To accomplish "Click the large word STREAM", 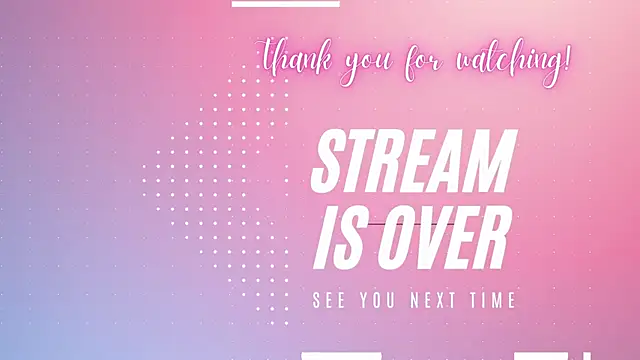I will [x=414, y=163].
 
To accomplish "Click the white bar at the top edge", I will [x=285, y=3].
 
